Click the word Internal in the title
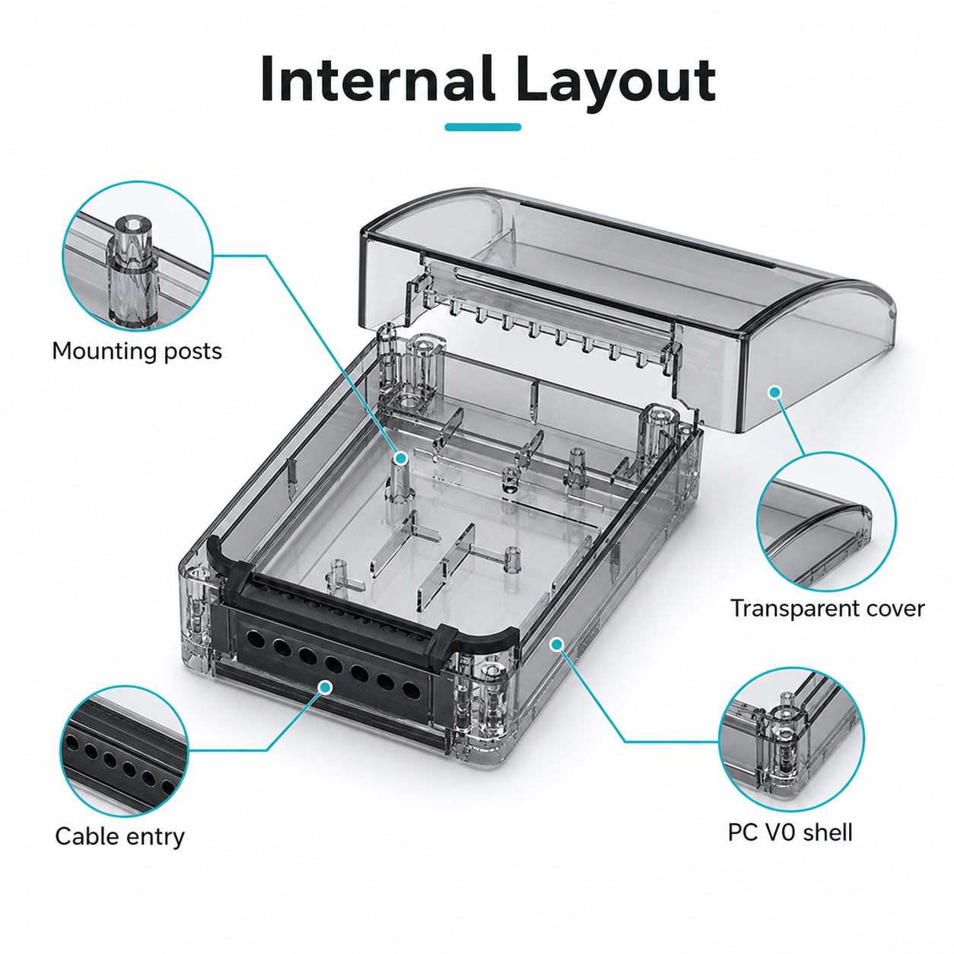378,79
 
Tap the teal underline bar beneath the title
482,127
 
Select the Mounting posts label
137,351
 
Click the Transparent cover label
827,609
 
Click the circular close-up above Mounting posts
138,256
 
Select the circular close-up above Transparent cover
827,521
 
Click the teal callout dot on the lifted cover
775,392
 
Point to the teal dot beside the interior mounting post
402,458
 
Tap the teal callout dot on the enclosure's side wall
558,644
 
